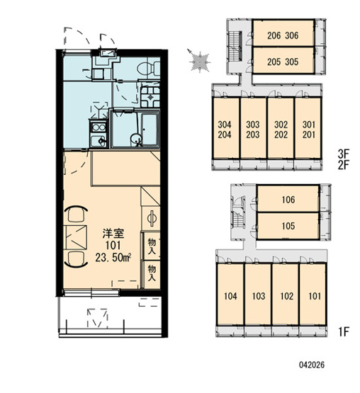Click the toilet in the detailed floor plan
point(149,68)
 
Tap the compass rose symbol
point(199,62)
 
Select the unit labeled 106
point(288,198)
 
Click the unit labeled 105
point(288,226)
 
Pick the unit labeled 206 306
point(283,33)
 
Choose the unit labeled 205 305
point(283,60)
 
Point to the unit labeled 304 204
point(225,128)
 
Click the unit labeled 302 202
point(281,128)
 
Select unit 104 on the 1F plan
point(230,295)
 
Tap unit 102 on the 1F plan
point(286,295)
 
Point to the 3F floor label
point(344,153)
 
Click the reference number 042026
point(312,365)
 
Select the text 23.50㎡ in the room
point(113,257)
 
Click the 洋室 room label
point(113,234)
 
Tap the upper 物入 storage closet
point(151,246)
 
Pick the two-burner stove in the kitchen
point(99,128)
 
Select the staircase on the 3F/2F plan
point(235,46)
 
